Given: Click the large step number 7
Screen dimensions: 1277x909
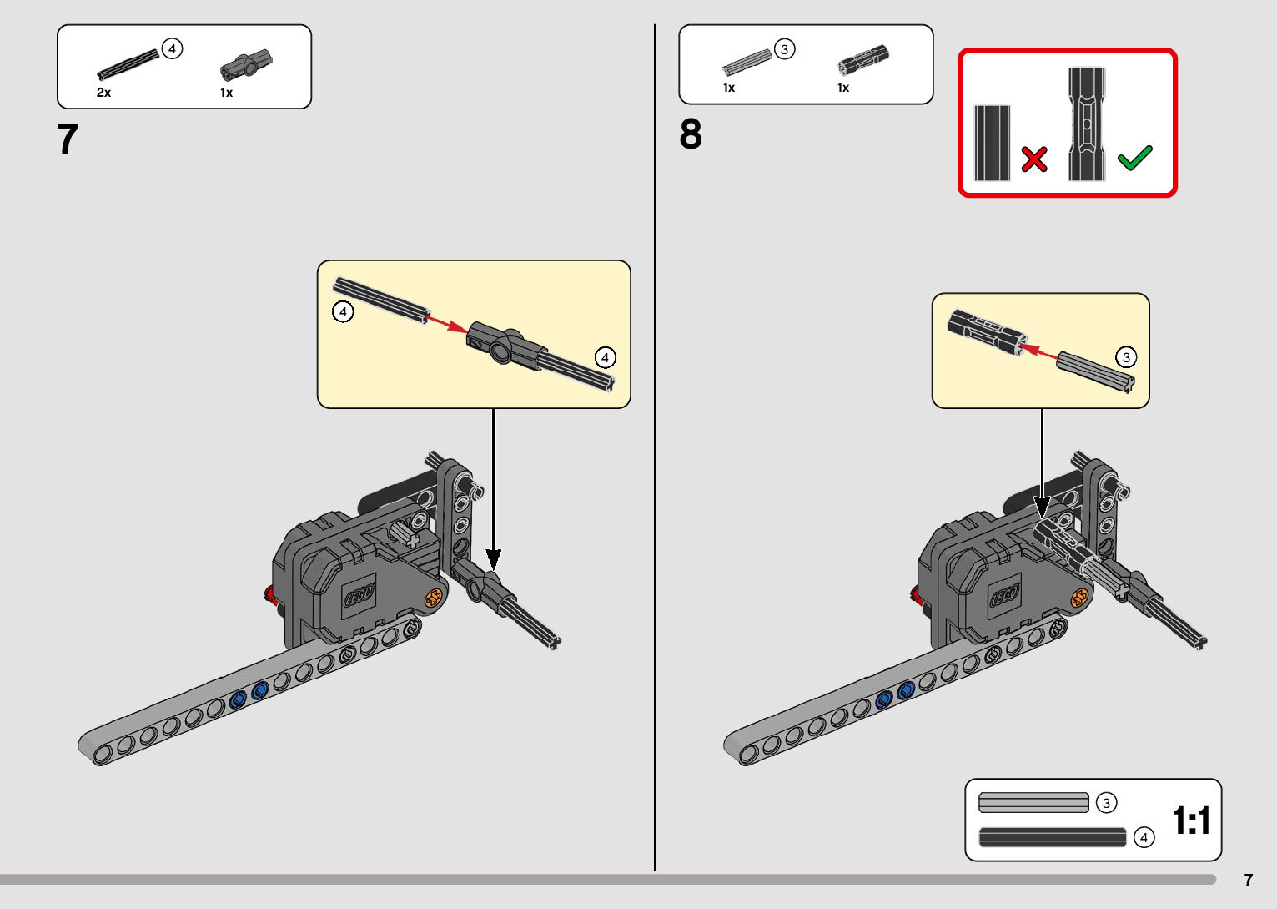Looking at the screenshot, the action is point(68,139).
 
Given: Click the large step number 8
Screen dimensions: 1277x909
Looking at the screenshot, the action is point(691,134).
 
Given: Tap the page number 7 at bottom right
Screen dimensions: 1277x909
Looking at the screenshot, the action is point(1249,880).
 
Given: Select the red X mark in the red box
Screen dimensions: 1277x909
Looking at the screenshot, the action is point(1034,159).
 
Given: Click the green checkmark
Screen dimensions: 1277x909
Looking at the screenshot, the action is point(1134,158).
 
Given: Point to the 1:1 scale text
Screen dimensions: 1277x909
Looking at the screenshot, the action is point(1191,821).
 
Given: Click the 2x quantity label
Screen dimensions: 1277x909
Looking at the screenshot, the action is point(103,93).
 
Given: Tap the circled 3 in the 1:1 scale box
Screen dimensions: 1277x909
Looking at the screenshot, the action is point(1107,803).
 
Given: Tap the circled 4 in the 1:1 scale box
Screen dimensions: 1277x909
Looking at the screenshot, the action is point(1144,838).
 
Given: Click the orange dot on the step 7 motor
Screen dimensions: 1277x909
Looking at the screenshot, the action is point(433,598).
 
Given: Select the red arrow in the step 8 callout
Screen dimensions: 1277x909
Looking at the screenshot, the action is point(1038,351).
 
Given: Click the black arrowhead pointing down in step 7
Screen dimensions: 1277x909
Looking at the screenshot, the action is point(494,558).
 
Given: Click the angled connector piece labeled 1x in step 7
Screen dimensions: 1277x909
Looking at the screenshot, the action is point(246,64).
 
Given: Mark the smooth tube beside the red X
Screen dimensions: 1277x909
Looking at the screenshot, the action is point(992,143).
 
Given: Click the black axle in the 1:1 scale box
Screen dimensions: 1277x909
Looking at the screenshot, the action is point(1053,837).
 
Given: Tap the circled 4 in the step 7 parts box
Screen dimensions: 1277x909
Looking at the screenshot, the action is point(172,48).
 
